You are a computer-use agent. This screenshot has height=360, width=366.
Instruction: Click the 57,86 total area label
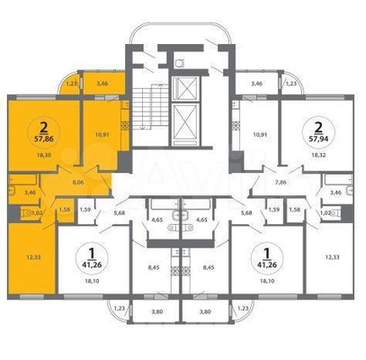click(42, 140)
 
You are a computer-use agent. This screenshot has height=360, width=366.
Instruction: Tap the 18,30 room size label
click(42, 154)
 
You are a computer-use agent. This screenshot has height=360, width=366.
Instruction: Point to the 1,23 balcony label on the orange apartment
click(73, 84)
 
